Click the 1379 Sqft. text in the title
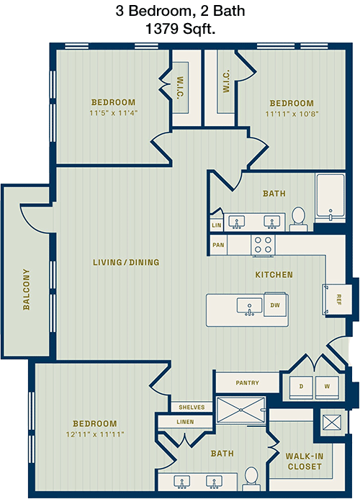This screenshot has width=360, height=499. (180, 29)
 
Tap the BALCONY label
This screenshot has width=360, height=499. (27, 289)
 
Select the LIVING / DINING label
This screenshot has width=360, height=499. (126, 262)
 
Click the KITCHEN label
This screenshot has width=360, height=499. (274, 274)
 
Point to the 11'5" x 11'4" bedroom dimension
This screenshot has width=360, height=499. (113, 113)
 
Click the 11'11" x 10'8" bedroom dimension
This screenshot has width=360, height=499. (292, 114)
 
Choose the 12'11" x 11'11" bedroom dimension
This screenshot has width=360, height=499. (95, 434)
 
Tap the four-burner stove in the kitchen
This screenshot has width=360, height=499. (263, 246)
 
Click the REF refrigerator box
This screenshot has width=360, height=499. (338, 299)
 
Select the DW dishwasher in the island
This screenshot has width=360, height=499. (275, 305)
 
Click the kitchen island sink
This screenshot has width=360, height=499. (250, 306)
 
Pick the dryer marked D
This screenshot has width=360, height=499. (301, 387)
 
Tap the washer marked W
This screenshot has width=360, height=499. (327, 387)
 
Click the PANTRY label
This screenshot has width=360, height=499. (248, 382)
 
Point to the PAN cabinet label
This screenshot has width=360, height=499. (218, 245)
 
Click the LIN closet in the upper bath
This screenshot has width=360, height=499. (217, 225)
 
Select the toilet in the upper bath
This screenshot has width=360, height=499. (299, 219)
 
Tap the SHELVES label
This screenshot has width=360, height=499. (192, 408)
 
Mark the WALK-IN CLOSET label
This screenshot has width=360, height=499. (305, 462)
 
